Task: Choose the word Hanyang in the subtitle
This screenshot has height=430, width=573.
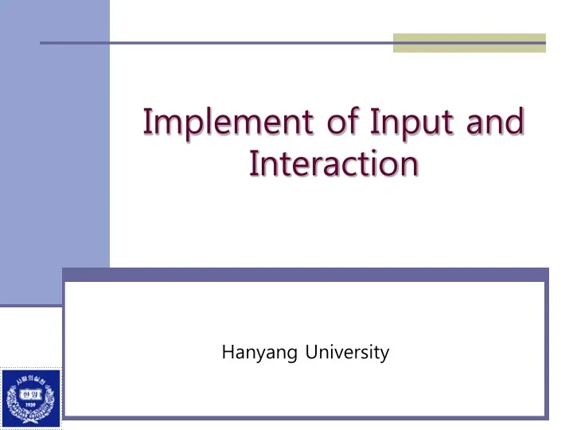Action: [257, 352]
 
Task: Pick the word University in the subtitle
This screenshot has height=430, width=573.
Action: [347, 352]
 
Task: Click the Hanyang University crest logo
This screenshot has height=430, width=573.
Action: [30, 398]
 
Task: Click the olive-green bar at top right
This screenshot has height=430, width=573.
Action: [470, 42]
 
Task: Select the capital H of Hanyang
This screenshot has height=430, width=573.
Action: [227, 351]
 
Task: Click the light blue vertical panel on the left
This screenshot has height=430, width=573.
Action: [54, 159]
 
